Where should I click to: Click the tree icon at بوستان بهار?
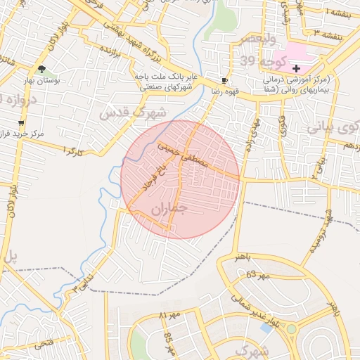pos(41,69)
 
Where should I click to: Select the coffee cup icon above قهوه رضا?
pos(224,81)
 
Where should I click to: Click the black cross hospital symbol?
pos(297,69)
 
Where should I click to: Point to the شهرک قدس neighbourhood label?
pos(134,112)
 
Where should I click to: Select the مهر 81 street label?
pos(171,316)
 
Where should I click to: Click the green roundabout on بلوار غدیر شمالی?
pos(292,328)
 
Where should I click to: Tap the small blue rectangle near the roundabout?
pos(266,328)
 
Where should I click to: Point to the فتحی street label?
pos(42,343)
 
